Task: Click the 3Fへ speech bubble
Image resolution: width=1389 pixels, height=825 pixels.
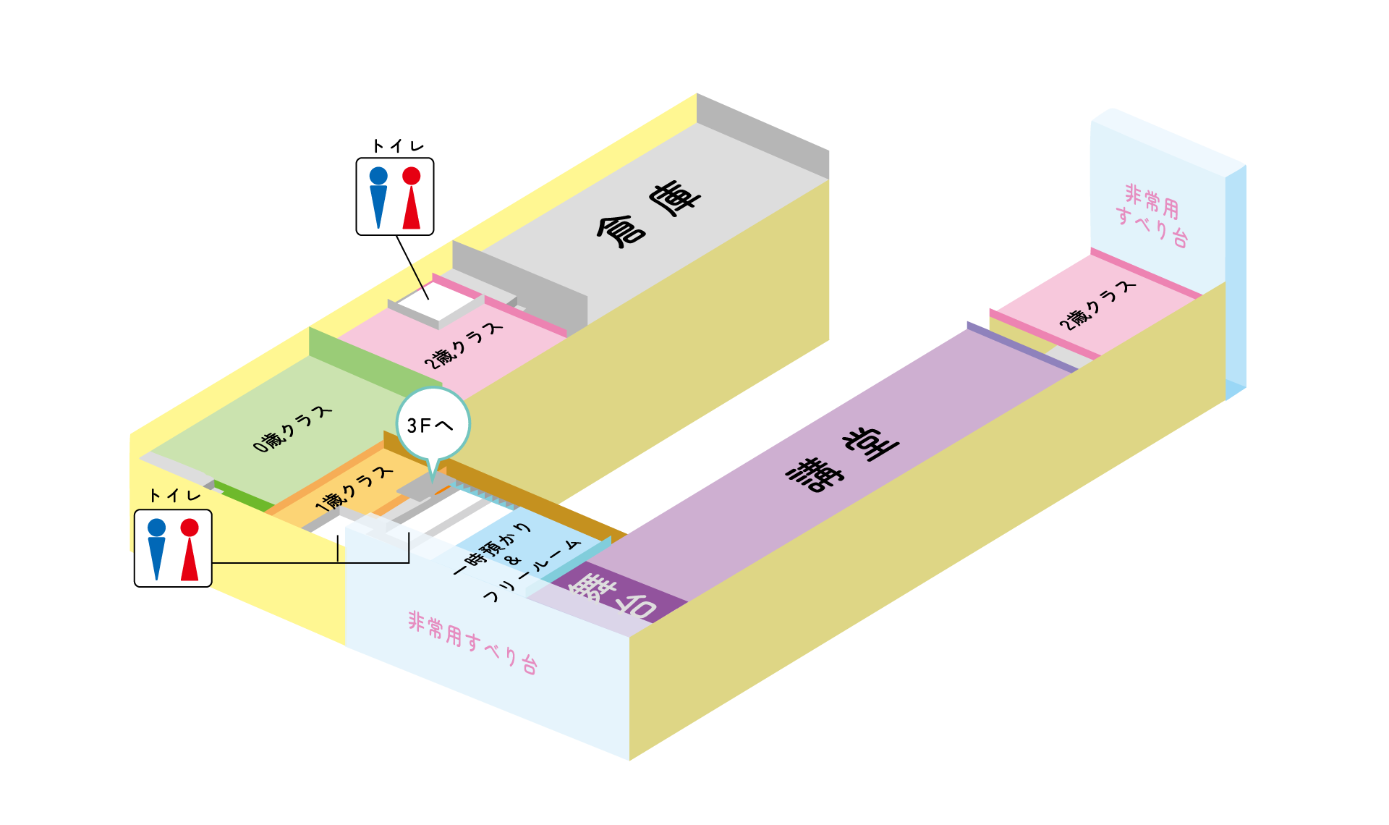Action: (x=433, y=425)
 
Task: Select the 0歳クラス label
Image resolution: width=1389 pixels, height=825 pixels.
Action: (x=292, y=429)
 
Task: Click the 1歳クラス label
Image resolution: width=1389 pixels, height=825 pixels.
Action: (x=354, y=490)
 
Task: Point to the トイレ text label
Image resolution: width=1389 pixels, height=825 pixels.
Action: (x=174, y=496)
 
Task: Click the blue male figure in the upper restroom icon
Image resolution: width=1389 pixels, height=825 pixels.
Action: (x=378, y=197)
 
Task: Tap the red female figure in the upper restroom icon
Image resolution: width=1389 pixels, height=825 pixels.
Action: (x=411, y=197)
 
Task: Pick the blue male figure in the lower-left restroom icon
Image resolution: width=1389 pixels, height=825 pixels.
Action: (x=156, y=549)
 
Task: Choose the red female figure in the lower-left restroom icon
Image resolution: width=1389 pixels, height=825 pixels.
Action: (x=190, y=549)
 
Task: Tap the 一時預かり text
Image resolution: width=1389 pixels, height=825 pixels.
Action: (x=492, y=549)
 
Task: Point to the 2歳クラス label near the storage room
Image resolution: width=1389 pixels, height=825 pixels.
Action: (x=463, y=345)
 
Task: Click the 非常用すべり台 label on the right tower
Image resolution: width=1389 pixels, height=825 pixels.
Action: (x=1152, y=215)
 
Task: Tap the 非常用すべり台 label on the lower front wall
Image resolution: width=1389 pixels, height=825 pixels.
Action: (x=472, y=642)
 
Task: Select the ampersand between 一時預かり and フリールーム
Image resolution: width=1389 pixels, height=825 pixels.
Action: (x=514, y=561)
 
